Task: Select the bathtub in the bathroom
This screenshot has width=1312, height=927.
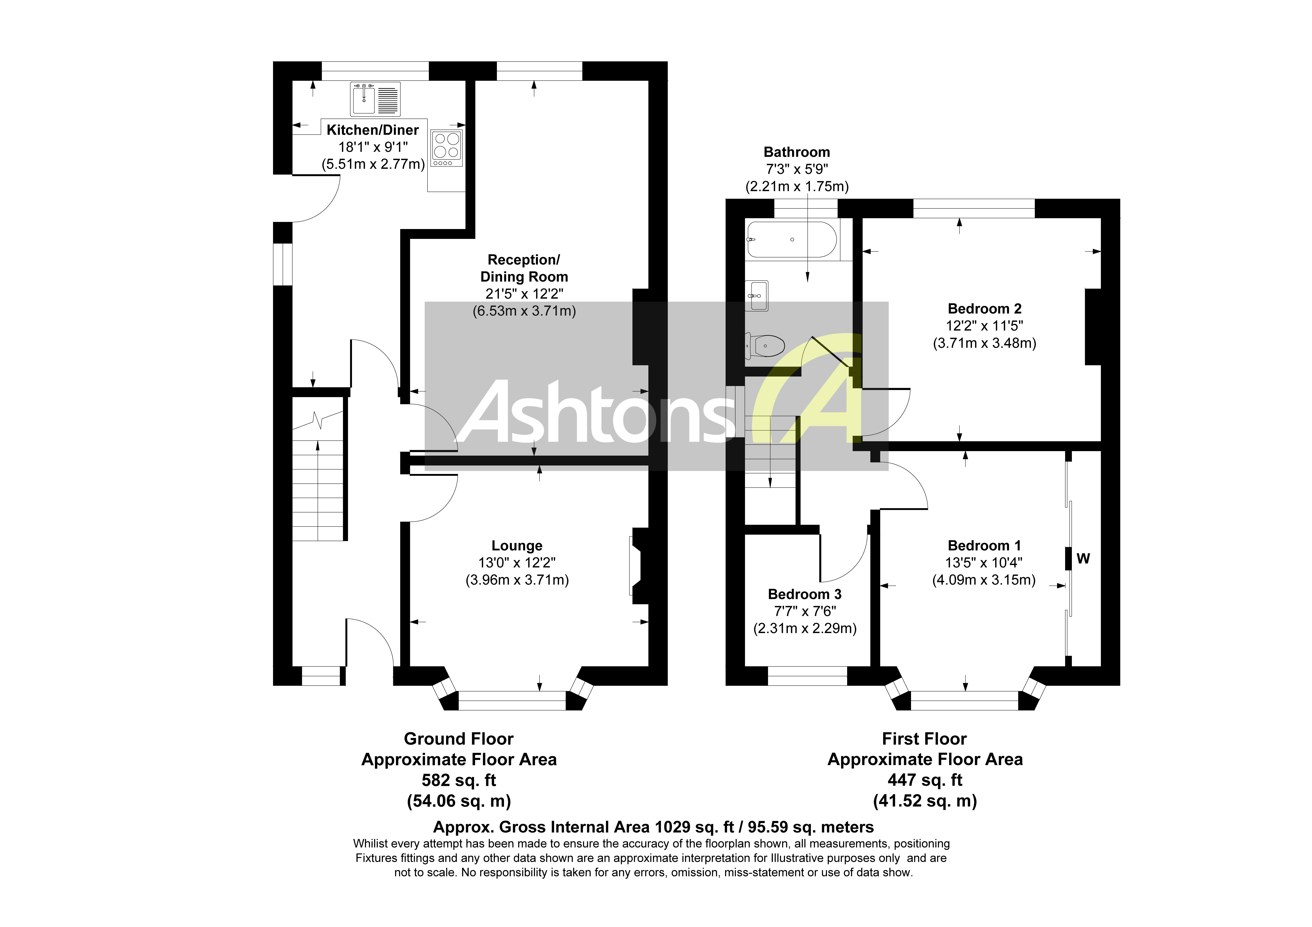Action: pos(792,239)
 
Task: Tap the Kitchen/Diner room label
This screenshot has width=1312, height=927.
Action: pos(373,130)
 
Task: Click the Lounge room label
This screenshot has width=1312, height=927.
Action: pos(517,546)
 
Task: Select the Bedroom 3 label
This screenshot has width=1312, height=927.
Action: pos(805,594)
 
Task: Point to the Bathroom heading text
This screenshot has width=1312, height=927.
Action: pos(797,152)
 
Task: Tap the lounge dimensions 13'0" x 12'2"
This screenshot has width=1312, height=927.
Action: pos(517,563)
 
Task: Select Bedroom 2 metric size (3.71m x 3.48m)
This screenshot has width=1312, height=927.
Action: pos(984,343)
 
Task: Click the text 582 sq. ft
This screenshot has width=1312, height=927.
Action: pos(459,780)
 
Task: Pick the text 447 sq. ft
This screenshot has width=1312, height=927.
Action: pos(925,780)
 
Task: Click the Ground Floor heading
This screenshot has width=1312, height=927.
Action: pos(459,739)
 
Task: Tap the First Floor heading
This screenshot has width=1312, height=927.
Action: pos(925,739)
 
